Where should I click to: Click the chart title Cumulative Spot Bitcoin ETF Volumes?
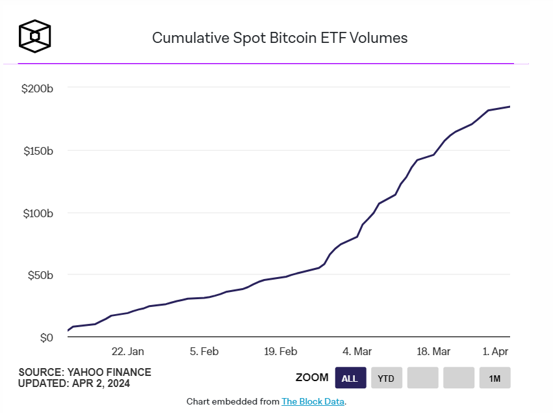(279, 38)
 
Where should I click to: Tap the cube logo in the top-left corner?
(34, 36)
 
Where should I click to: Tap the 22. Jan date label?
(128, 351)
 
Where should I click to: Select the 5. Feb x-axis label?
(204, 351)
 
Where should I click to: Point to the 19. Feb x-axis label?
(281, 351)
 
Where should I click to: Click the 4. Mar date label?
(357, 351)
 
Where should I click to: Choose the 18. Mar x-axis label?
(433, 351)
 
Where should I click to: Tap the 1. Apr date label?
(495, 351)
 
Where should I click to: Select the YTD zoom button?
(386, 378)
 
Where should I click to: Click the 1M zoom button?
(495, 378)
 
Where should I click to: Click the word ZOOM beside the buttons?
(312, 378)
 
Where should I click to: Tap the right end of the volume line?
(509, 107)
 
